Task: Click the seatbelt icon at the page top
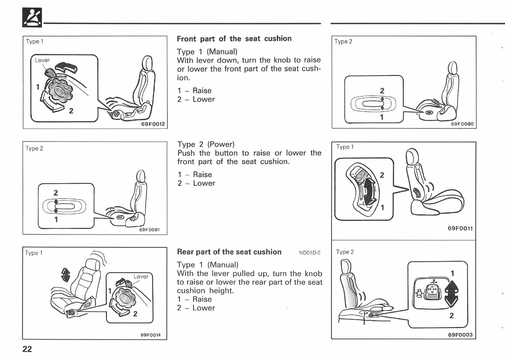[x=32, y=17]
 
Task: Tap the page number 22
[x=27, y=349]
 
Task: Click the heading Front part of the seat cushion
[x=234, y=39]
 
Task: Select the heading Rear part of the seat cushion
[x=229, y=252]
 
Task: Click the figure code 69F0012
[x=153, y=124]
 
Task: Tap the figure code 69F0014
[x=150, y=335]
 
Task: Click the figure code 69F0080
[x=462, y=124]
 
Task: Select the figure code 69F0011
[x=460, y=228]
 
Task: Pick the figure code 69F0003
[x=460, y=334]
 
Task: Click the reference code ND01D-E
[x=310, y=253]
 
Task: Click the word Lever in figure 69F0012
[x=42, y=60]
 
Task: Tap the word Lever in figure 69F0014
[x=141, y=276]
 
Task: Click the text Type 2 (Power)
[x=206, y=144]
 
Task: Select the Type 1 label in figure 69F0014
[x=34, y=253]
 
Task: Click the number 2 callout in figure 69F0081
[x=56, y=193]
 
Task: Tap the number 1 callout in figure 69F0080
[x=382, y=117]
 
